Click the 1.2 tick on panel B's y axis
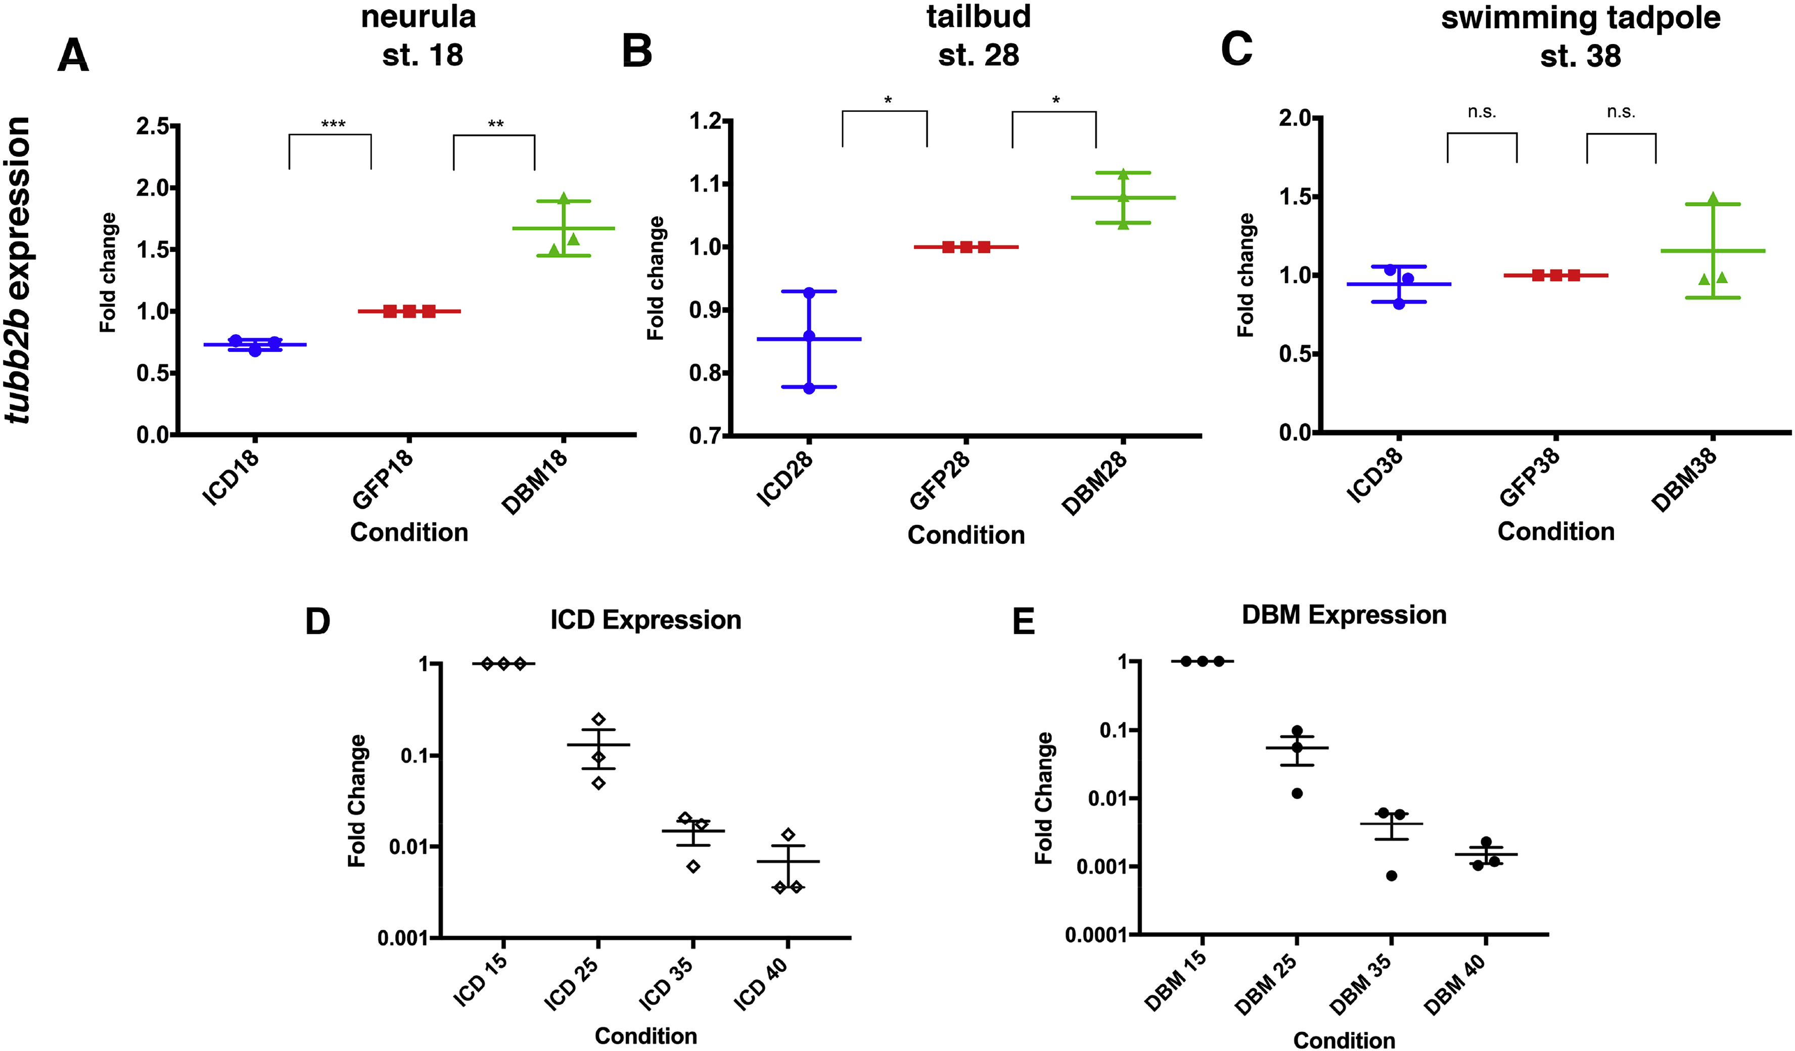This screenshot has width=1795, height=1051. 705,121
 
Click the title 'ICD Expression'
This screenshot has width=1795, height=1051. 646,620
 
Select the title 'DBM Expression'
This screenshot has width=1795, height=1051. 1344,615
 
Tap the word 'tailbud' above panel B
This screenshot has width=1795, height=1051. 978,16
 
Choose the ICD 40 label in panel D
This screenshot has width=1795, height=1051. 761,984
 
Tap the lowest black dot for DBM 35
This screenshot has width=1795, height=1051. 1391,875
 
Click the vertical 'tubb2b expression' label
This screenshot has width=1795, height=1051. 17,270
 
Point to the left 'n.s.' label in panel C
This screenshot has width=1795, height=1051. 1482,113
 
